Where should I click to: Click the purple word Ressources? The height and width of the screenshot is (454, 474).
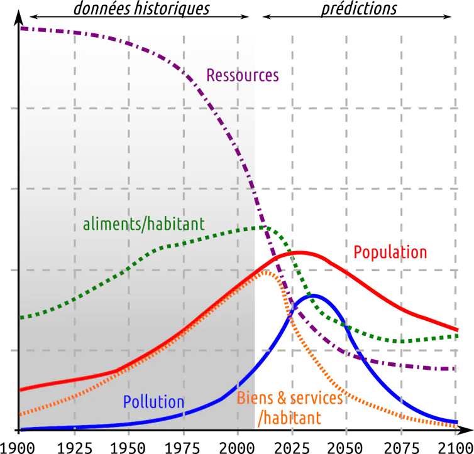tap(243, 76)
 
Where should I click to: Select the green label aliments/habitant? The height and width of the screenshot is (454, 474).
tap(143, 224)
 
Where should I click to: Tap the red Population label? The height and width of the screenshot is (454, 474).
tap(390, 252)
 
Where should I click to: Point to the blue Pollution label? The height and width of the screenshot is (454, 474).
tap(153, 402)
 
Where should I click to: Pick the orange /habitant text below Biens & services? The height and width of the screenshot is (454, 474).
tap(289, 417)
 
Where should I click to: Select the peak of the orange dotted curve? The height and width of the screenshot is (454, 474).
tap(267, 273)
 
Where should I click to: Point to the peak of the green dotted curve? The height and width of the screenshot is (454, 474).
tap(259, 227)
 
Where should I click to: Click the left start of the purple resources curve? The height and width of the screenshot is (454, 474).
tap(22, 28)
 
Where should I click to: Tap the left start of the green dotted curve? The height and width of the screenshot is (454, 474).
tap(22, 318)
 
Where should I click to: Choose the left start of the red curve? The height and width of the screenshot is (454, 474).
tap(22, 389)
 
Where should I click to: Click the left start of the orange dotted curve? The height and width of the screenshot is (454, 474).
tap(22, 414)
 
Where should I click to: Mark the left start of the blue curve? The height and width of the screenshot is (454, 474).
tap(22, 429)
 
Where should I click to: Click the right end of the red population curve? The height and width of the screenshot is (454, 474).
tap(457, 330)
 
